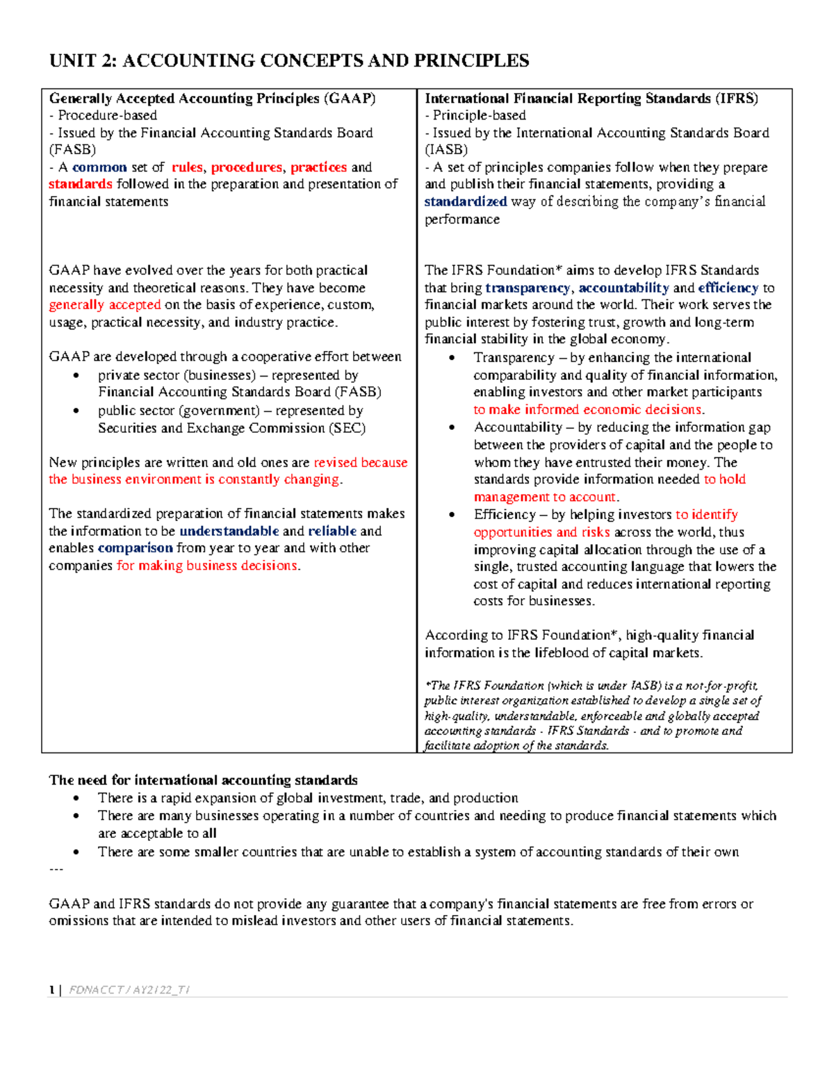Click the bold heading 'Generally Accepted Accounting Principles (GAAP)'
pyautogui.click(x=212, y=99)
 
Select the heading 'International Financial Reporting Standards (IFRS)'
pyautogui.click(x=591, y=99)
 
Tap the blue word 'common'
pyautogui.click(x=99, y=167)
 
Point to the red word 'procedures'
pyautogui.click(x=247, y=167)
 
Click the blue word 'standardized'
pyautogui.click(x=466, y=201)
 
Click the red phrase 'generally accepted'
pyautogui.click(x=104, y=305)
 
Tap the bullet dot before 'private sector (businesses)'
pyautogui.click(x=76, y=376)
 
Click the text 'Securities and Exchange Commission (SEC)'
pyautogui.click(x=231, y=428)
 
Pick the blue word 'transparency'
pyautogui.click(x=528, y=288)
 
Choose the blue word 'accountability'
pyautogui.click(x=623, y=288)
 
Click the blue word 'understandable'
pyautogui.click(x=229, y=531)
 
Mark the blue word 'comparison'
pyautogui.click(x=135, y=548)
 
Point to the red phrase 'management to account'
pyautogui.click(x=545, y=497)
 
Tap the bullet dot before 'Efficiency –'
pyautogui.click(x=452, y=516)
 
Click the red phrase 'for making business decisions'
pyautogui.click(x=208, y=566)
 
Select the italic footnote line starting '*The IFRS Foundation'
pyautogui.click(x=591, y=686)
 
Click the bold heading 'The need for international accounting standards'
pyautogui.click(x=203, y=780)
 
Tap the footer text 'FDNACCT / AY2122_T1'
pyautogui.click(x=129, y=990)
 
